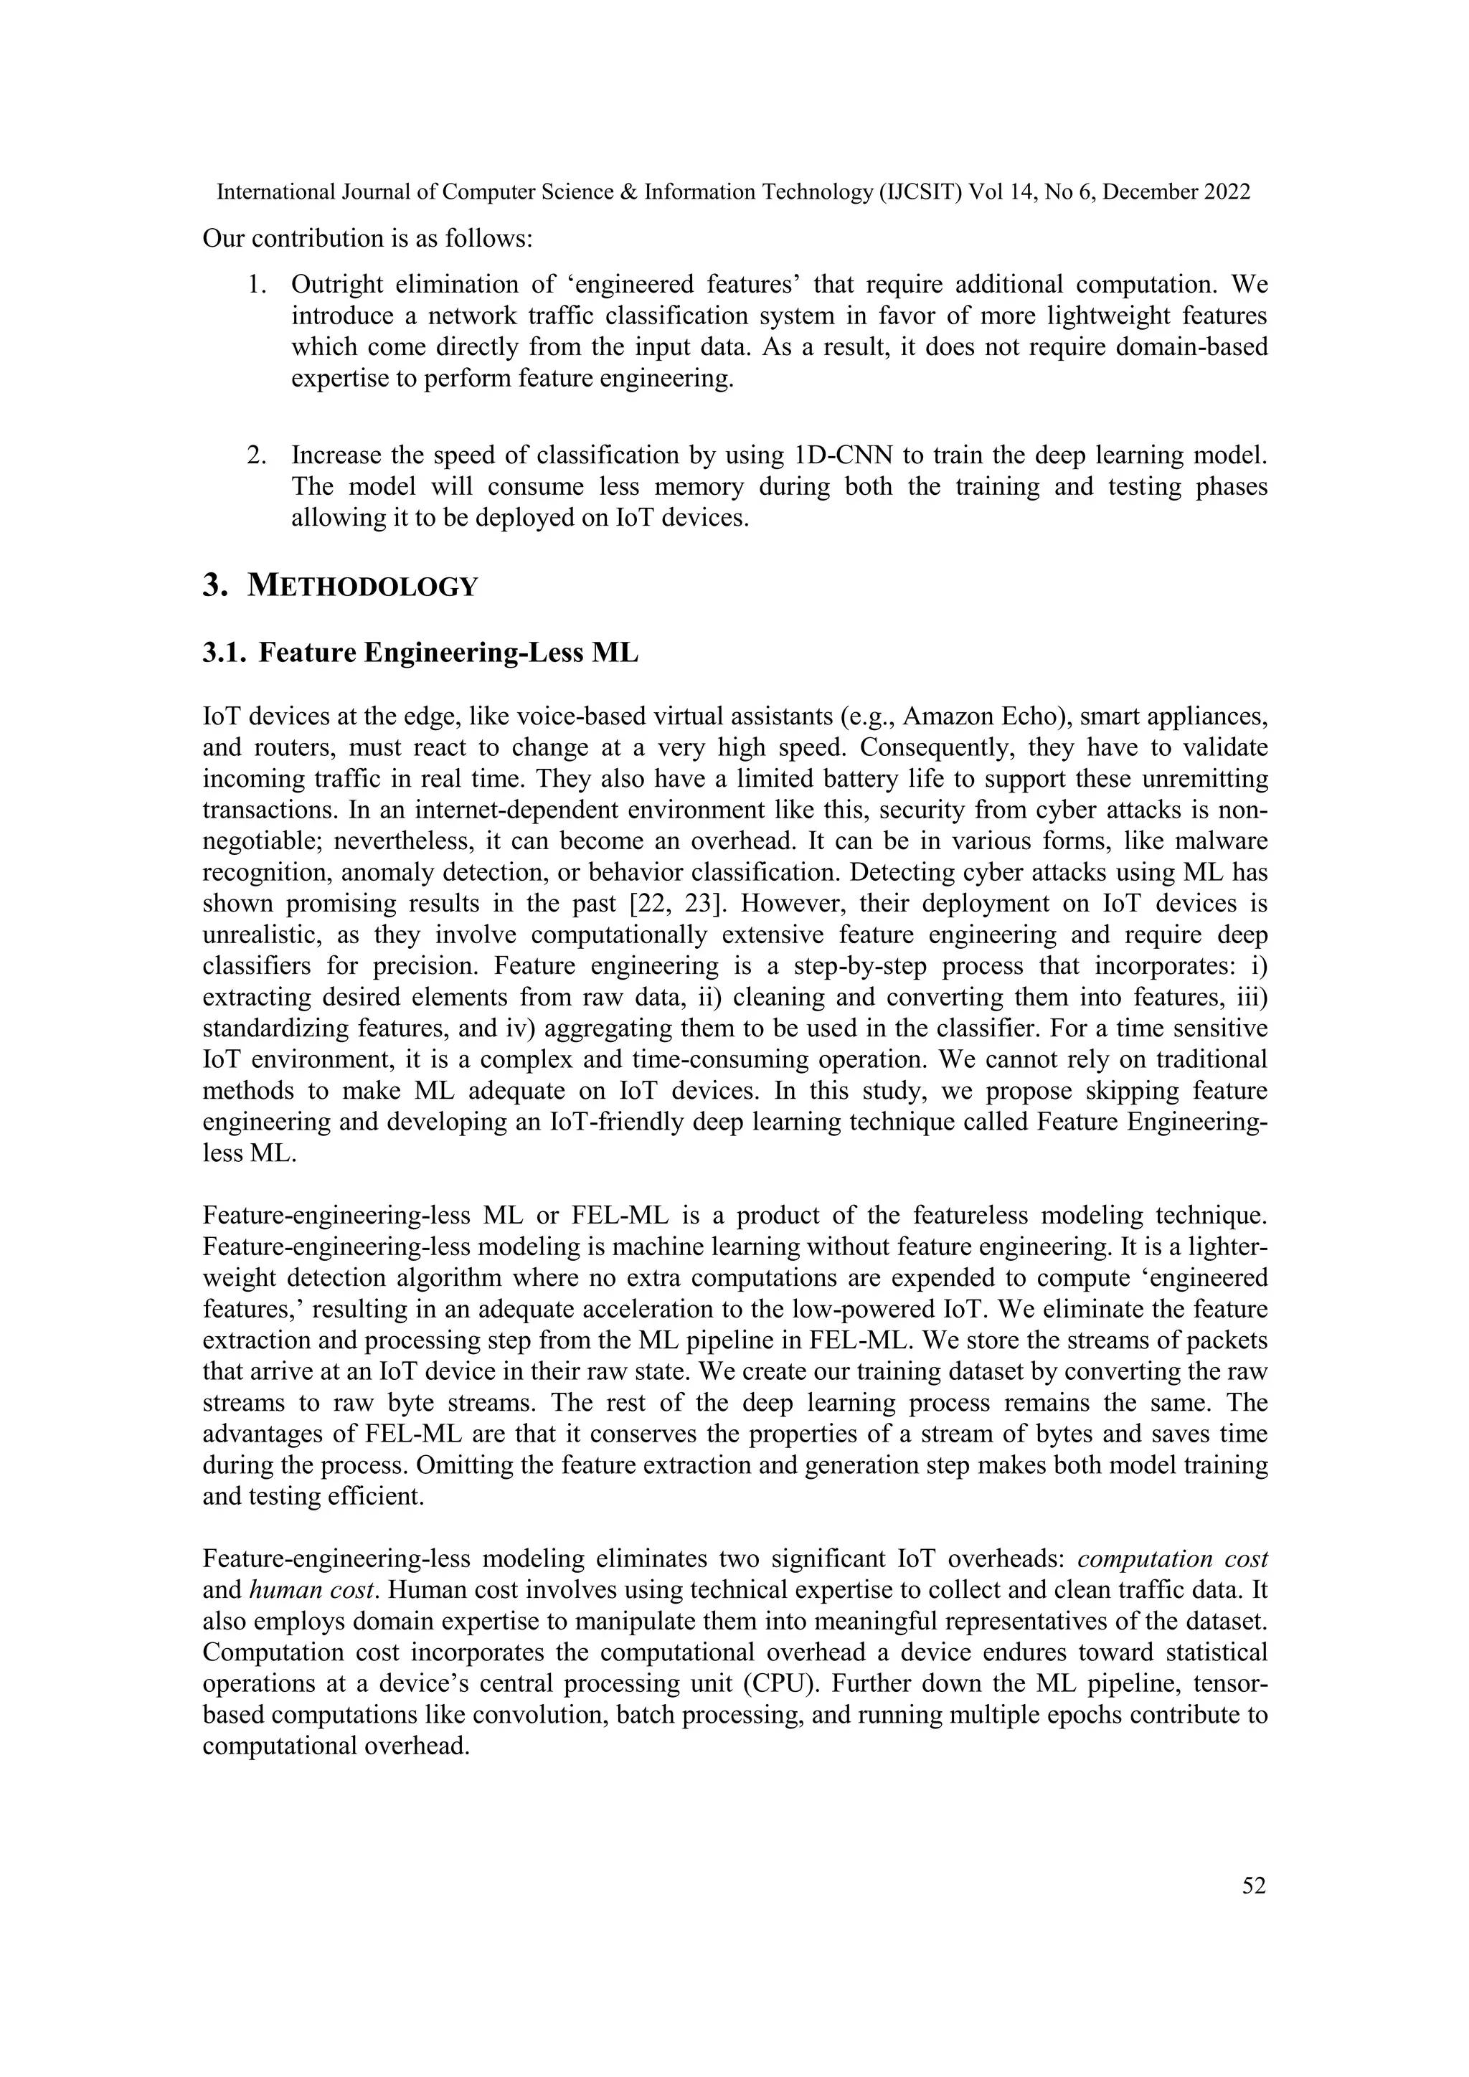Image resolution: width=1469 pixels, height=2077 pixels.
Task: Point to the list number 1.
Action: pos(257,285)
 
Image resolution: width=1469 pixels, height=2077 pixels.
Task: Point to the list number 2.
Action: pos(257,455)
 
